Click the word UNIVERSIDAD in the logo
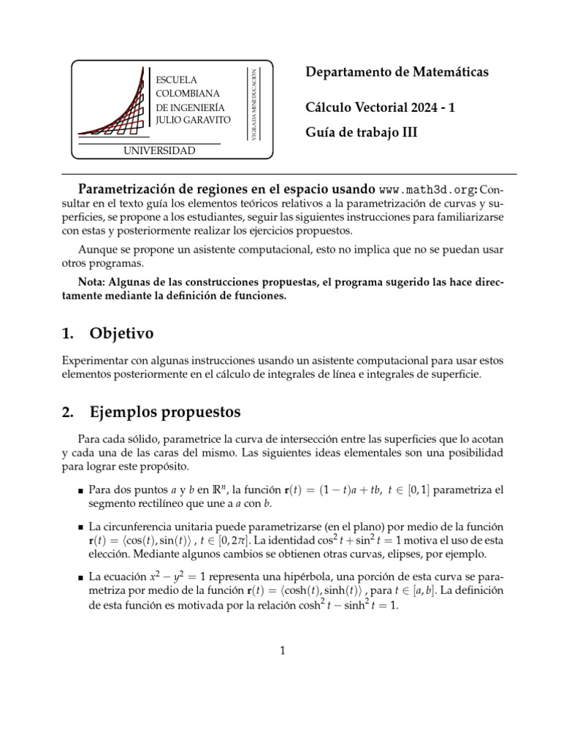pyautogui.click(x=161, y=151)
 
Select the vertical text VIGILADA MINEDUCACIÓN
pyautogui.click(x=253, y=100)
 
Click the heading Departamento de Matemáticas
pyautogui.click(x=396, y=72)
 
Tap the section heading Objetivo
pyautogui.click(x=121, y=334)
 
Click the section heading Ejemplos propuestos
pyautogui.click(x=165, y=412)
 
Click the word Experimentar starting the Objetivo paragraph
pyautogui.click(x=96, y=362)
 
